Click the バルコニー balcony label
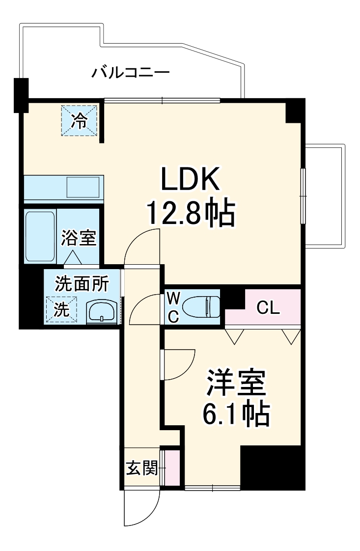(x=131, y=74)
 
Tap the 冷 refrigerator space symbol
(x=79, y=120)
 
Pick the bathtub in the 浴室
(x=40, y=236)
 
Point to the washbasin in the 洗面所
(x=102, y=312)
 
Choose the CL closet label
(x=268, y=308)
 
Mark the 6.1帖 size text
(x=236, y=413)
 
